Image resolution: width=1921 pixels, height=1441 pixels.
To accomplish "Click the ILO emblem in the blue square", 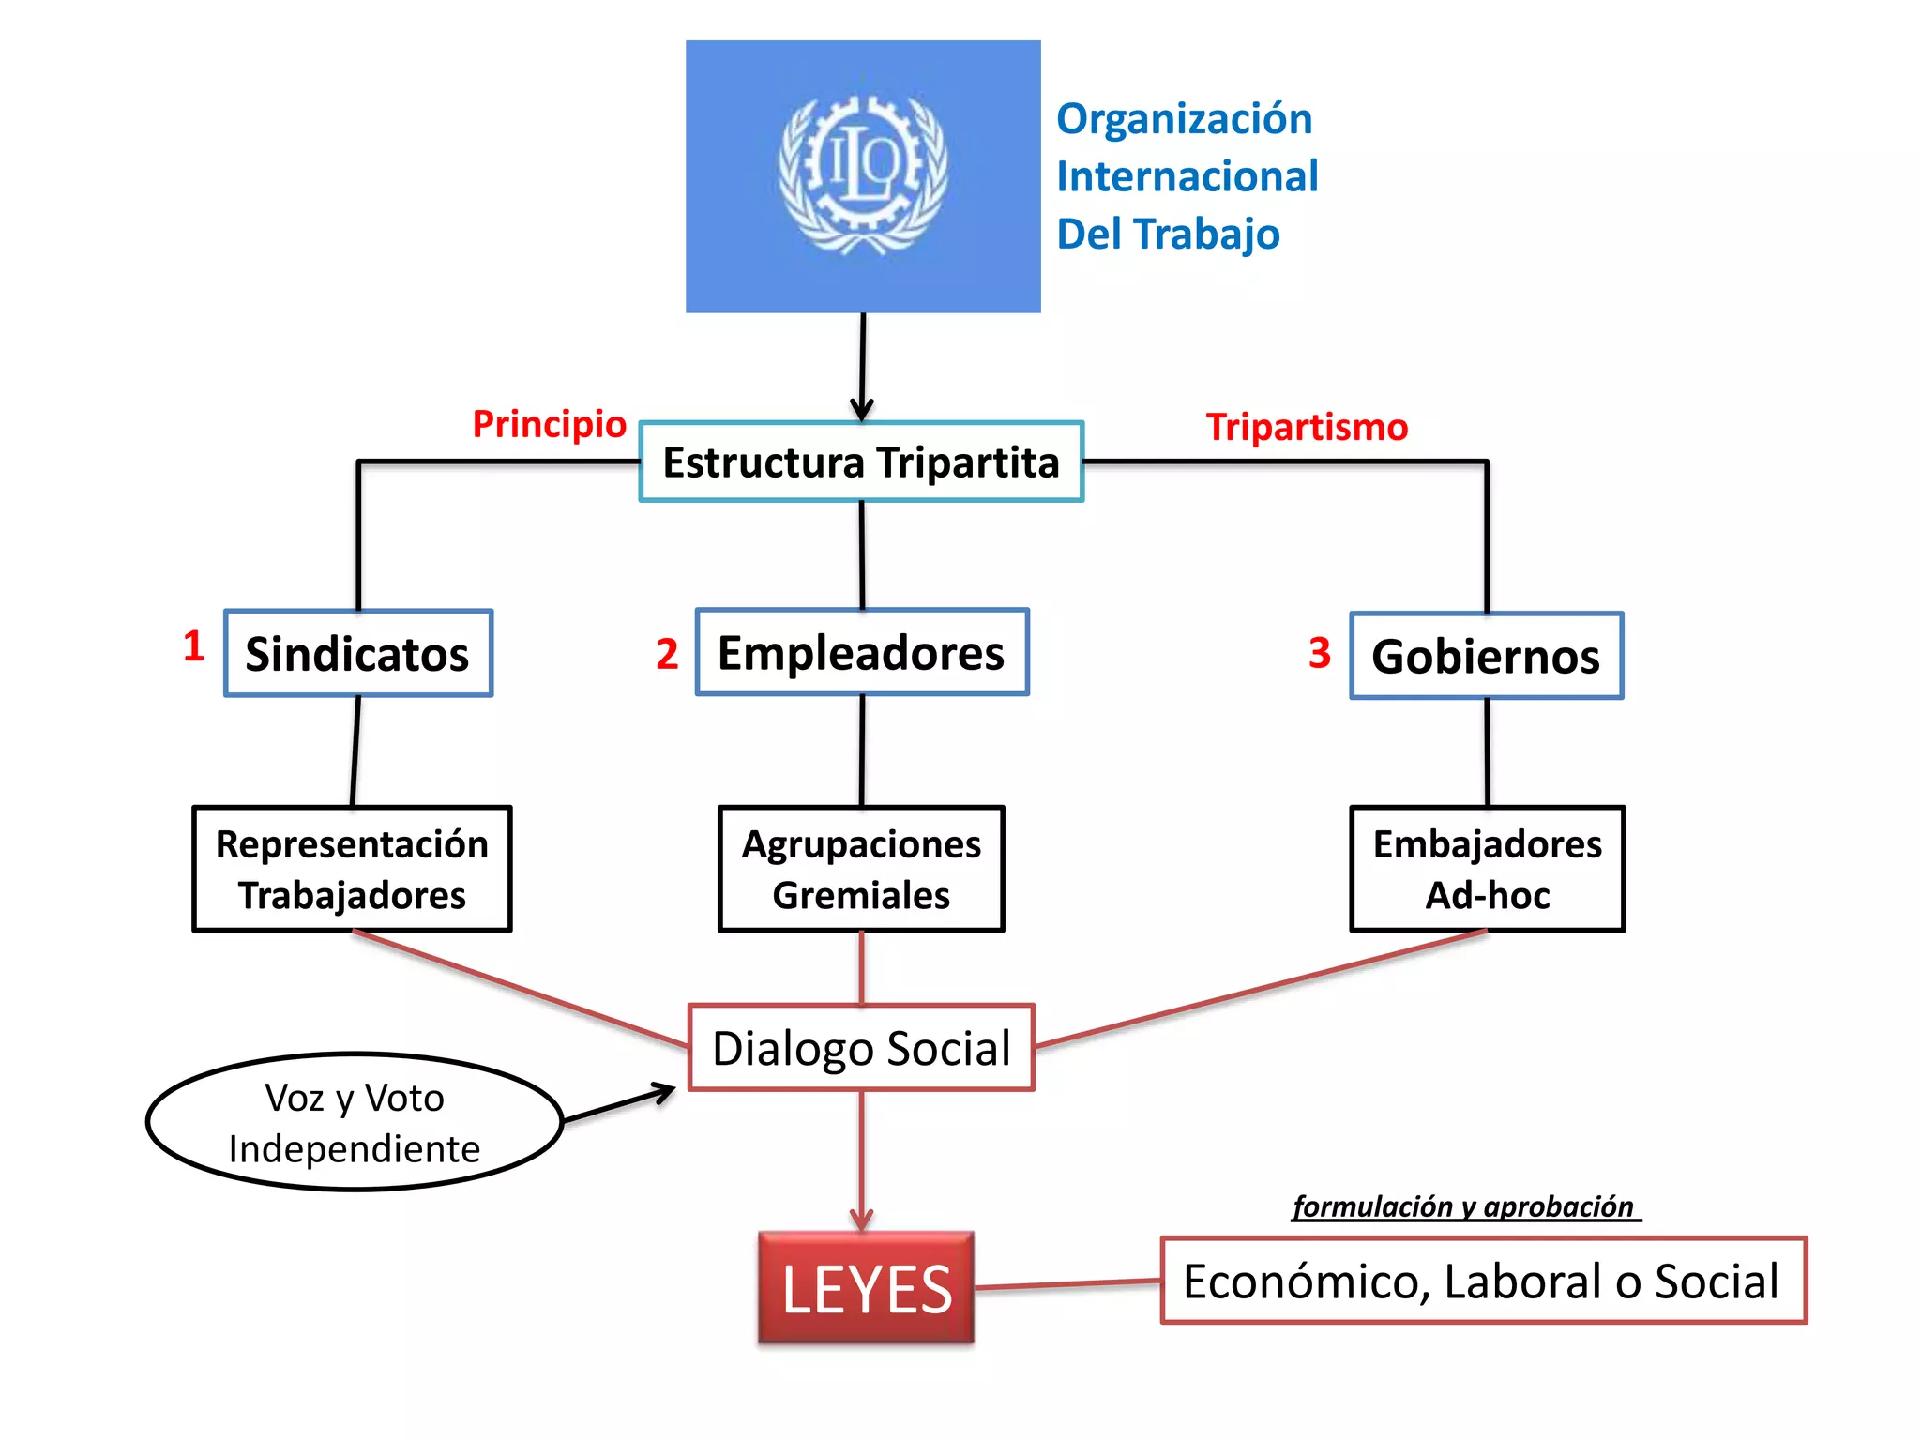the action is pos(863,175).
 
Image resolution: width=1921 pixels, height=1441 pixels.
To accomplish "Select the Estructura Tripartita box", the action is pos(861,462).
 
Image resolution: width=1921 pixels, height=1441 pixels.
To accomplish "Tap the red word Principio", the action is pos(549,424).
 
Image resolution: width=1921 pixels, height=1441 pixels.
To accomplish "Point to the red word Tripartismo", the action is pos(1307,427).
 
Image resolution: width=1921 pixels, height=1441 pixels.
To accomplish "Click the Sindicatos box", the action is pos(358,653).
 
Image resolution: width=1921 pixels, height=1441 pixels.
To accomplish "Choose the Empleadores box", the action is pos(862,652).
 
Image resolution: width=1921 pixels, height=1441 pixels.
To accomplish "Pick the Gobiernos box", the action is pos(1487,656).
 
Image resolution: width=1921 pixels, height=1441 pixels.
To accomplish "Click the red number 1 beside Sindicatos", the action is pos(194,645).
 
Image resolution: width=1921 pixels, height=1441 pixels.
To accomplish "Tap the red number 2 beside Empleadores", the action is pos(667,653).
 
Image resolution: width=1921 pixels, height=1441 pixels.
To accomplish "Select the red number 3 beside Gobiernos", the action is pos(1320,652).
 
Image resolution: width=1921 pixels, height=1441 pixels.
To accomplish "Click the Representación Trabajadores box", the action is pos(352,869).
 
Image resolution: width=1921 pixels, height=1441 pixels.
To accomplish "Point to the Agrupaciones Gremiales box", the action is pos(861,869).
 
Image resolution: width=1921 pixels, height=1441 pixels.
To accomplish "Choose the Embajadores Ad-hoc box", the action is pos(1488,869).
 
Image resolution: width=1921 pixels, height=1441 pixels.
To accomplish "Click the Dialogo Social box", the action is pos(861,1048).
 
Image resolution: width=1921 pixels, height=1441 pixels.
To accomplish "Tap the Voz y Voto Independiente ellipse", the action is pos(355,1122).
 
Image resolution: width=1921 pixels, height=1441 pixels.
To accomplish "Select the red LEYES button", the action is pos(866,1288).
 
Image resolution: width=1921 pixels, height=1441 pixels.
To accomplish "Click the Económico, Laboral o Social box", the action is pos(1483,1281).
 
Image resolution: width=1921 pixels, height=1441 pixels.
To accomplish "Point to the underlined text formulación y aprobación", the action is pos(1463,1206).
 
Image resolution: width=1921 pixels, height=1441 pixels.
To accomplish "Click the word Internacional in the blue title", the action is pos(1187,176).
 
